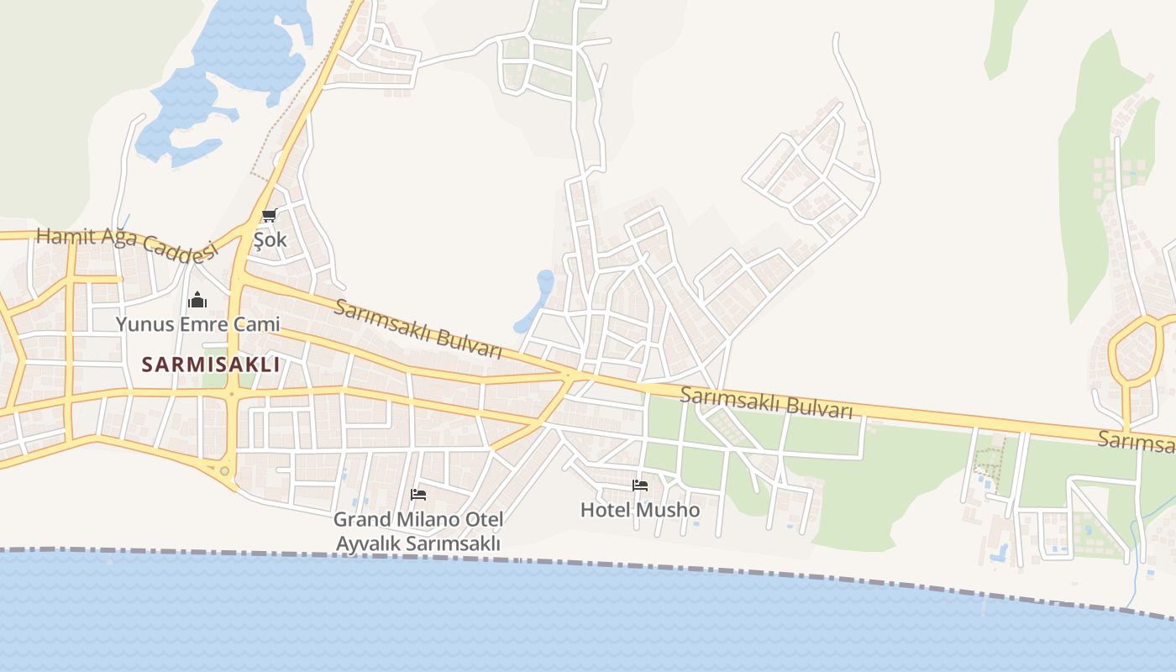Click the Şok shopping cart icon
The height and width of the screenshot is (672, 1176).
pyautogui.click(x=269, y=216)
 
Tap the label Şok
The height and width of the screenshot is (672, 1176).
pyautogui.click(x=270, y=239)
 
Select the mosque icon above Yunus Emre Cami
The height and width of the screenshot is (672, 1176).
pyautogui.click(x=197, y=300)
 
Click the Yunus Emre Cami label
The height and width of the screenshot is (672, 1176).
pyautogui.click(x=197, y=323)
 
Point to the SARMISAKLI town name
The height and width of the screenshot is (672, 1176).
pyautogui.click(x=210, y=365)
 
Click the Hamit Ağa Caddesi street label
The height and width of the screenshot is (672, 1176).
pyautogui.click(x=126, y=243)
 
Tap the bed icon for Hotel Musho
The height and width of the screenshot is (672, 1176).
pyautogui.click(x=640, y=486)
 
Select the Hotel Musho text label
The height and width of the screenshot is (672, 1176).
pyautogui.click(x=640, y=510)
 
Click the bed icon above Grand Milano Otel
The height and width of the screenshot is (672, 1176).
pyautogui.click(x=418, y=495)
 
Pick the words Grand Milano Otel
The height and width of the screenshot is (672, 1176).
pyautogui.click(x=418, y=519)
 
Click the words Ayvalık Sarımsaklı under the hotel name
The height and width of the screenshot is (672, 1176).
pyautogui.click(x=418, y=543)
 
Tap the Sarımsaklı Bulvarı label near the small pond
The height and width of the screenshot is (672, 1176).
pyautogui.click(x=417, y=328)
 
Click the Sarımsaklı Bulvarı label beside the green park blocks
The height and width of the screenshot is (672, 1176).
pyautogui.click(x=766, y=402)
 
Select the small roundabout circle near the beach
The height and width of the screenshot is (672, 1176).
pyautogui.click(x=224, y=471)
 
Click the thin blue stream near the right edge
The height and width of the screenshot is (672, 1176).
pyautogui.click(x=1136, y=554)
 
